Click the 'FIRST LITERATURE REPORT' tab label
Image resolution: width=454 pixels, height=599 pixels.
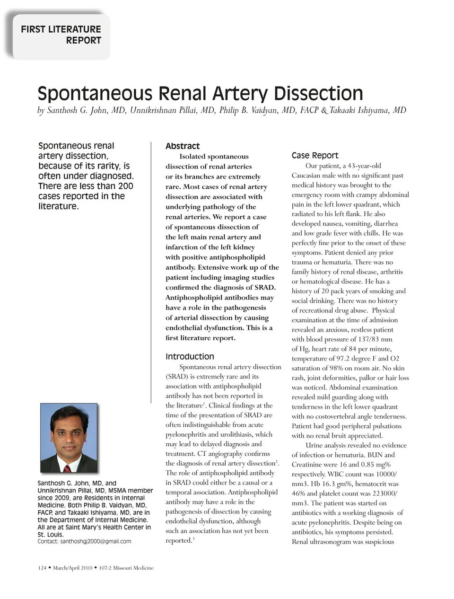click(61, 35)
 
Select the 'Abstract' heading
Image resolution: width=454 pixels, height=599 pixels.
click(183, 146)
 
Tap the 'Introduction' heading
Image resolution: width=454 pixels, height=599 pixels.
click(190, 356)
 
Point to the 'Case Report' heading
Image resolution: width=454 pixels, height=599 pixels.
click(315, 155)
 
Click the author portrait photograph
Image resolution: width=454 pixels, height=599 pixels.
click(69, 438)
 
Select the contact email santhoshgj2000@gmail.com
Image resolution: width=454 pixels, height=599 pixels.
click(96, 541)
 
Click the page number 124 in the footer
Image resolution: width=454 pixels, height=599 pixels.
click(42, 568)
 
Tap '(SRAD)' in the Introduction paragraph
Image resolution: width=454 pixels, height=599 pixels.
click(176, 377)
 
